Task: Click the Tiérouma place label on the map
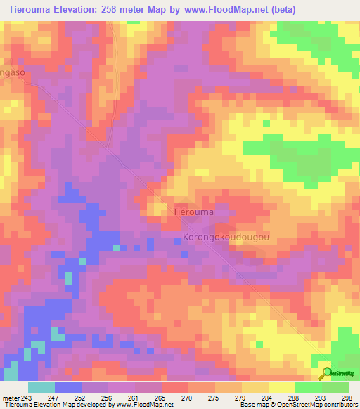point(193,211)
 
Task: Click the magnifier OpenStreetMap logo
point(327,373)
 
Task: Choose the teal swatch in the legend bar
point(41,387)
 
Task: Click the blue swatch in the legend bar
point(68,387)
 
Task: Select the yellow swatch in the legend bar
point(282,387)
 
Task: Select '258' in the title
point(114,9)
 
